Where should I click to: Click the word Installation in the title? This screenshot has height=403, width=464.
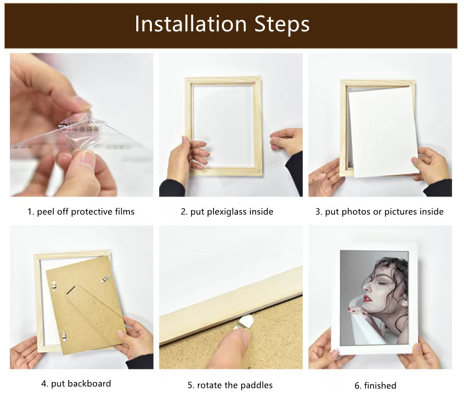191,24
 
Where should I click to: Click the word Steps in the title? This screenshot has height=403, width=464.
282,25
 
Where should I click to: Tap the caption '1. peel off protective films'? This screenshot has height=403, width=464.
81,212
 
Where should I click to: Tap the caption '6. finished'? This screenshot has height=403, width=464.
375,386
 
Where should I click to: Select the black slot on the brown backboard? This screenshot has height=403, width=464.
71,290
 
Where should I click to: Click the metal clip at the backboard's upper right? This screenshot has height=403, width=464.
105,279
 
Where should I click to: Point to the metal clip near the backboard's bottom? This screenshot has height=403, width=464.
64,336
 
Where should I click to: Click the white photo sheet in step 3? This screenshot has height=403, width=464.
383,132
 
